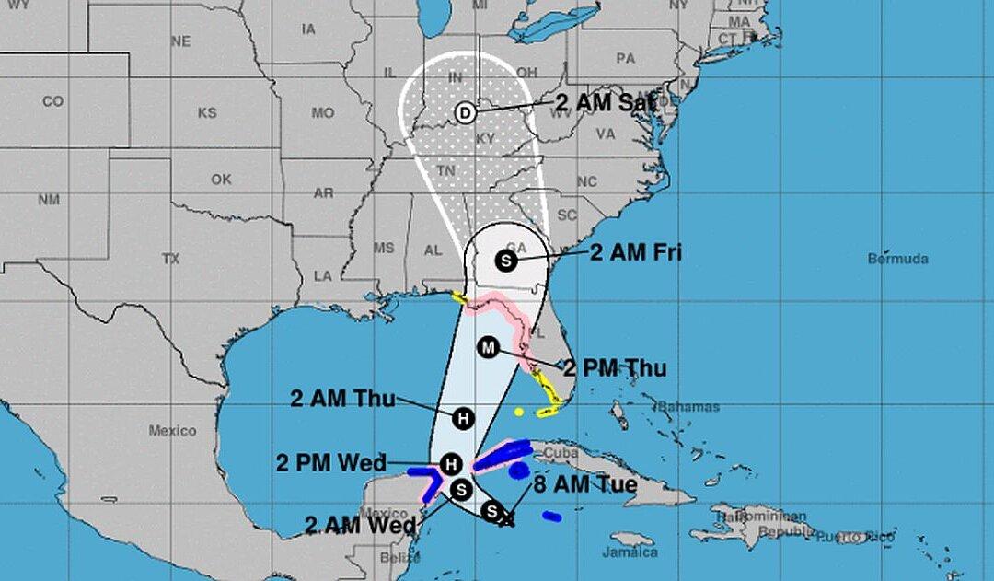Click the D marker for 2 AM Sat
466,112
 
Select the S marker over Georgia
505,261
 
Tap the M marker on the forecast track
489,347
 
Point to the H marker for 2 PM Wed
451,463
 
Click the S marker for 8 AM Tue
492,511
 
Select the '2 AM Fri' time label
636,252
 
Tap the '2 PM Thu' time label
614,368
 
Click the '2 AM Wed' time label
360,526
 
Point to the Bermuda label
897,259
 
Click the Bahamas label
689,407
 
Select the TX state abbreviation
170,260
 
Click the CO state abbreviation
52,101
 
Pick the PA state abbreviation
626,59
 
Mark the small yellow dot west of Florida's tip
519,412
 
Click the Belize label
399,557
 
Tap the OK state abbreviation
221,180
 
